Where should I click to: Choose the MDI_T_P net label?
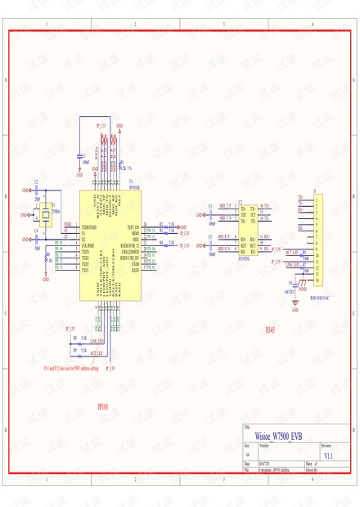(x=223, y=204)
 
